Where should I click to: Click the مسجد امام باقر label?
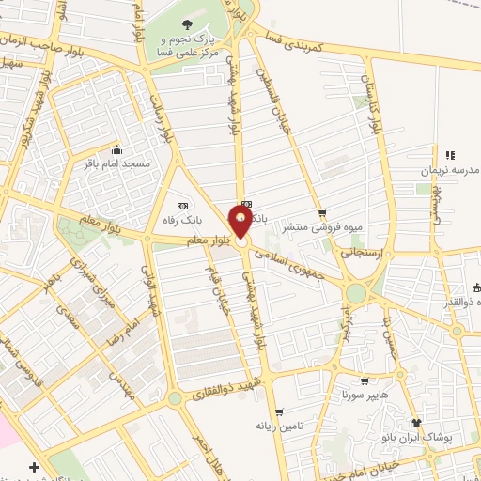(x=118, y=163)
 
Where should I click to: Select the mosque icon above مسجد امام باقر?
(x=116, y=149)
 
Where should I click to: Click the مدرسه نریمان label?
(x=449, y=170)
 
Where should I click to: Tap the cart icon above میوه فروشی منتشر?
(x=322, y=213)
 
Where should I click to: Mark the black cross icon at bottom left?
(x=34, y=467)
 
